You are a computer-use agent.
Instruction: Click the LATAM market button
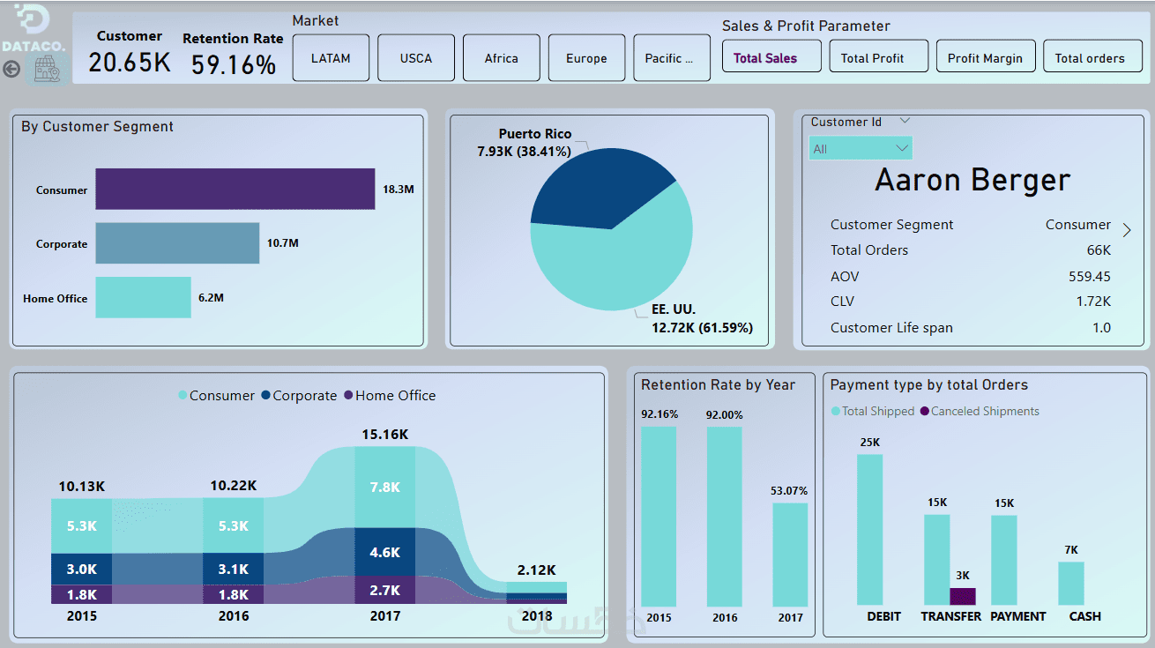(331, 58)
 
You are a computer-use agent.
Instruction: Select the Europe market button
(586, 58)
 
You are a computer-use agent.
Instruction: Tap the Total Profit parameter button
(872, 58)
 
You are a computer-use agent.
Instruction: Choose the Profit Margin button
(985, 58)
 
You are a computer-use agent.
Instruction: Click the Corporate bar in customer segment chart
(177, 243)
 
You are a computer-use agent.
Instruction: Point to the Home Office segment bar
(143, 298)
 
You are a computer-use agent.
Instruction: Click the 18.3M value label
(398, 190)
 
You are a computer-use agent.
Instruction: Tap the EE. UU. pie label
(674, 310)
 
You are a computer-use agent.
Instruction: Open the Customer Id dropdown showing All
(861, 148)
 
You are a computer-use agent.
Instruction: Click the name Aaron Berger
(972, 180)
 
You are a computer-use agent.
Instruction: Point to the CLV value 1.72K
(1093, 302)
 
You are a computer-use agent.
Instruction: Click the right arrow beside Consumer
(1127, 230)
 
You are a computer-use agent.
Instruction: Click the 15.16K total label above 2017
(384, 435)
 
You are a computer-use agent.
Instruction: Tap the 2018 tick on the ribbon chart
(536, 616)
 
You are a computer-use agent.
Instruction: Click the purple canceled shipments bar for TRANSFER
(963, 596)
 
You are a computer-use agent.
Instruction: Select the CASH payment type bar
(1071, 584)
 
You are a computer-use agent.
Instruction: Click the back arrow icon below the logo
(11, 69)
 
